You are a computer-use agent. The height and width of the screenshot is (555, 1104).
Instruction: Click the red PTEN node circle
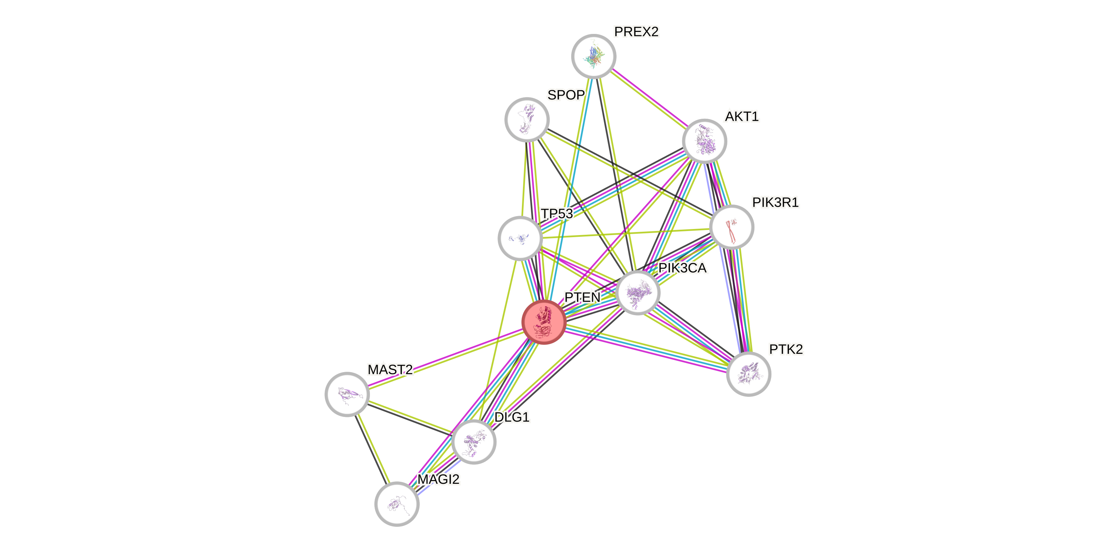click(x=543, y=322)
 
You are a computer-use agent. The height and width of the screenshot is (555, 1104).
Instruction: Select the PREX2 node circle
click(x=594, y=56)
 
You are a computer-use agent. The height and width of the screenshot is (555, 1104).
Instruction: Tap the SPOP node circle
click(x=527, y=119)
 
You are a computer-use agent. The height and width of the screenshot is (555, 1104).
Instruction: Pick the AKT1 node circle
click(x=704, y=141)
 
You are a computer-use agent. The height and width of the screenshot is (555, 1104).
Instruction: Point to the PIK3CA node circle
click(x=638, y=293)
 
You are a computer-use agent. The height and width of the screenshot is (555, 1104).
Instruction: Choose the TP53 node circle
click(x=520, y=238)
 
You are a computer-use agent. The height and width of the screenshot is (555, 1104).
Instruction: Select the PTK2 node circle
click(x=749, y=374)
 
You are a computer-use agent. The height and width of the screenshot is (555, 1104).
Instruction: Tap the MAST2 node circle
click(x=347, y=394)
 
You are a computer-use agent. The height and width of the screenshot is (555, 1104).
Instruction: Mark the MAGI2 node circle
click(x=397, y=504)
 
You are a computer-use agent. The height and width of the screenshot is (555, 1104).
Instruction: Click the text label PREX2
click(x=636, y=32)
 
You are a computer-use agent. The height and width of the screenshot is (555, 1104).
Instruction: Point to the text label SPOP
click(x=566, y=95)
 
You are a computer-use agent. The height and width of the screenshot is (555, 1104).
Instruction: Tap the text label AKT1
click(x=742, y=116)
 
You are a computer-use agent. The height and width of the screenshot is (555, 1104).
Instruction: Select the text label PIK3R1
click(x=775, y=202)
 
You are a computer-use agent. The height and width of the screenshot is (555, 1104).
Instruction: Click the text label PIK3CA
click(x=683, y=268)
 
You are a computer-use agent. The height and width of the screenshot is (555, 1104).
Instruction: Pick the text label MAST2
click(x=390, y=369)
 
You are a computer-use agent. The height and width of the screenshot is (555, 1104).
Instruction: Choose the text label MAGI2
click(x=438, y=479)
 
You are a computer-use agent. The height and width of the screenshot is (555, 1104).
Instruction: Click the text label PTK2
click(x=786, y=349)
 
